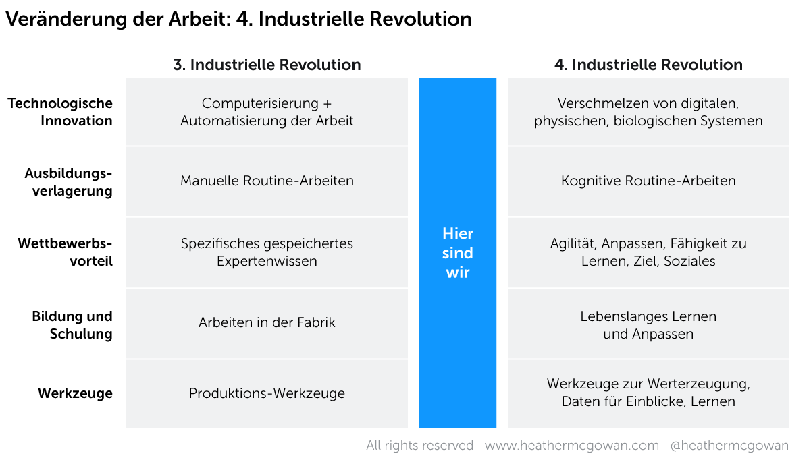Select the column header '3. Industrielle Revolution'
pos(267,65)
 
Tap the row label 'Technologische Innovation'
pos(60,112)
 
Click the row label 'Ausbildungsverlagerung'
pos(68,182)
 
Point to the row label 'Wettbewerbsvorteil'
pos(66,252)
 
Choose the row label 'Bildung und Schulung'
pos(72,325)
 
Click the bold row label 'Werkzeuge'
pos(76,393)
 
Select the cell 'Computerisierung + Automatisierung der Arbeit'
pos(267,112)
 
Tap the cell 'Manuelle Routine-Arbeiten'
pos(267,181)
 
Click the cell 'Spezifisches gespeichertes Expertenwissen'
pos(267,252)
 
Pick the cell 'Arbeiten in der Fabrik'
pos(267,322)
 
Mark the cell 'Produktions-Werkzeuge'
pos(267,393)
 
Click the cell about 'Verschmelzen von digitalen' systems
pos(648,112)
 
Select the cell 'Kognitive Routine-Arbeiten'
pos(648,181)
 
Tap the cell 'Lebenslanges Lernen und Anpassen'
pos(648,325)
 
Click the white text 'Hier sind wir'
pos(458,253)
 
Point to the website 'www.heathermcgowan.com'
pos(572,446)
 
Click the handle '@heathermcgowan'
pos(729,446)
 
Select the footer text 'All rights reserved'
pos(419,446)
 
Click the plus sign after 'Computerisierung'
pos(328,104)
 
